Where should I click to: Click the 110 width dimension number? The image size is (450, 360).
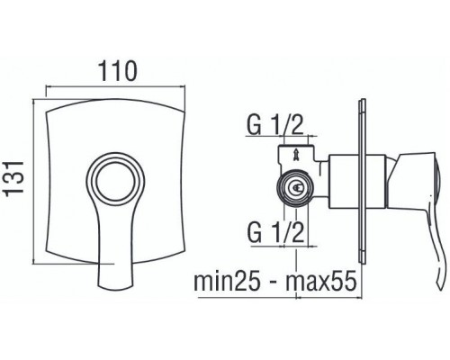tap(118, 71)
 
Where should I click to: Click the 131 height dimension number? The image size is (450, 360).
tap(15, 178)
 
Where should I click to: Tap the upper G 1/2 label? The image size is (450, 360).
tap(274, 124)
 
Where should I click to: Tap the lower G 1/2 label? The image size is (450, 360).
tap(275, 232)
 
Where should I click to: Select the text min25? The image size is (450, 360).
tap(226, 281)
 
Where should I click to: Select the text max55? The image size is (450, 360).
tap(321, 281)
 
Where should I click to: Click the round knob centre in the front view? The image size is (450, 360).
tap(115, 181)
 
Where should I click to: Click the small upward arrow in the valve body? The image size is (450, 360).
tap(296, 156)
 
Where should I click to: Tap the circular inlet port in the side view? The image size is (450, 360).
tap(295, 187)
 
